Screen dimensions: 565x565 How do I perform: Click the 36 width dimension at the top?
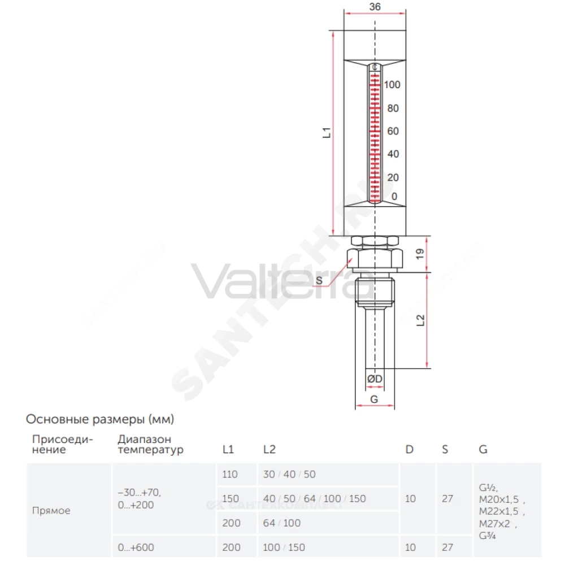[375, 7]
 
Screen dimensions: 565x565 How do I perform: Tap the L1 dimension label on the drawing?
[327, 133]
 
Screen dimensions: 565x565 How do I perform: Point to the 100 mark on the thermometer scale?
[392, 85]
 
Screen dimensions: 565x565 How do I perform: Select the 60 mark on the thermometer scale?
[393, 131]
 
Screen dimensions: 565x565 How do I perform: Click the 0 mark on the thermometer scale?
[394, 197]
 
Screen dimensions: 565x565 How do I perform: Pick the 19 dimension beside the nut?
[420, 254]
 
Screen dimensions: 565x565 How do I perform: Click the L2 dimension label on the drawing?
[420, 320]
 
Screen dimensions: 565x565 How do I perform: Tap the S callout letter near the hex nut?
[319, 281]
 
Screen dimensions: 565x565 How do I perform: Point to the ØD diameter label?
[375, 379]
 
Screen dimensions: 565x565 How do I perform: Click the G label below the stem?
[374, 399]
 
